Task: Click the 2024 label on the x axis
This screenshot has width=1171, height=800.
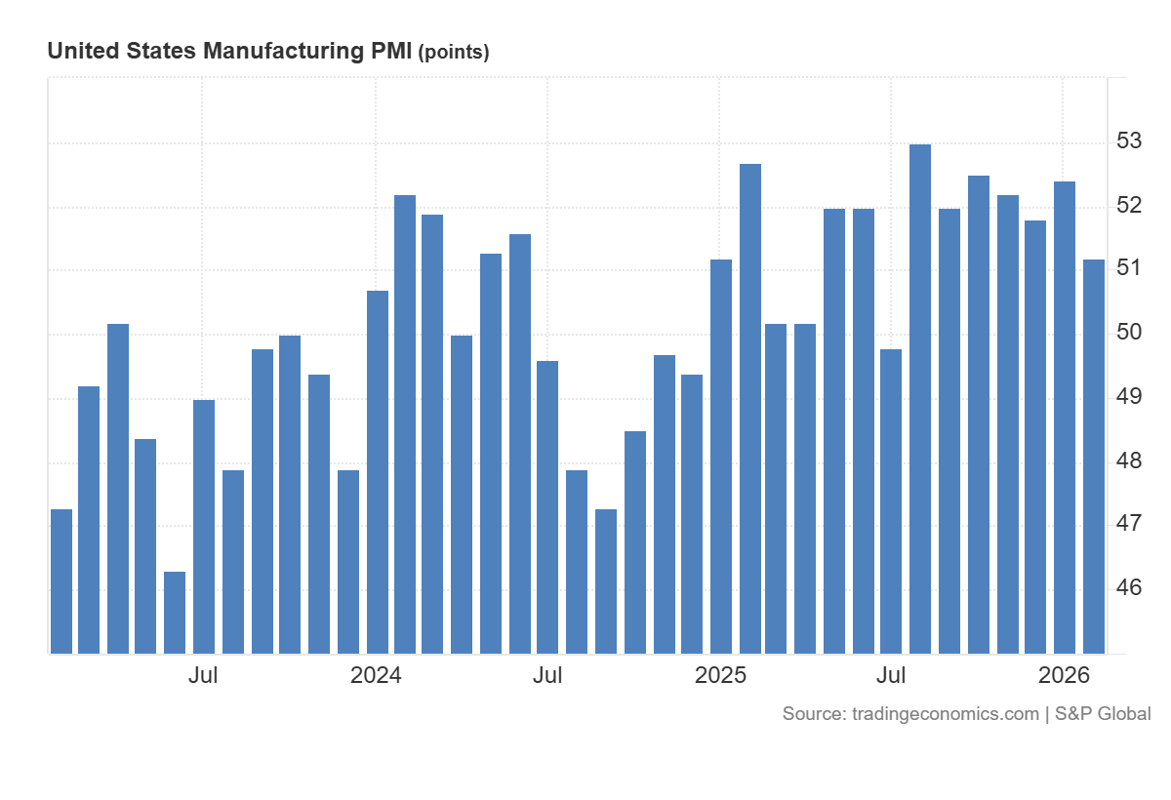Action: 376,675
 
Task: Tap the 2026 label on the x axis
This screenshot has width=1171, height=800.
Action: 1064,675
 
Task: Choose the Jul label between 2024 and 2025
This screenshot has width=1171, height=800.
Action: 547,675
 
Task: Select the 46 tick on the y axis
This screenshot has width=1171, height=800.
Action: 1129,587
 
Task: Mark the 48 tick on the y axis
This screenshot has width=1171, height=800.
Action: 1129,460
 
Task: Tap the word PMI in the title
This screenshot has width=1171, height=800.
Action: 390,52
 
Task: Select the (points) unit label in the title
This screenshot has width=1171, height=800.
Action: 454,53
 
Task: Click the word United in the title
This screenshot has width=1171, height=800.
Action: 83,52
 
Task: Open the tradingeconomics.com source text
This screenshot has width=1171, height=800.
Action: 945,714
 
